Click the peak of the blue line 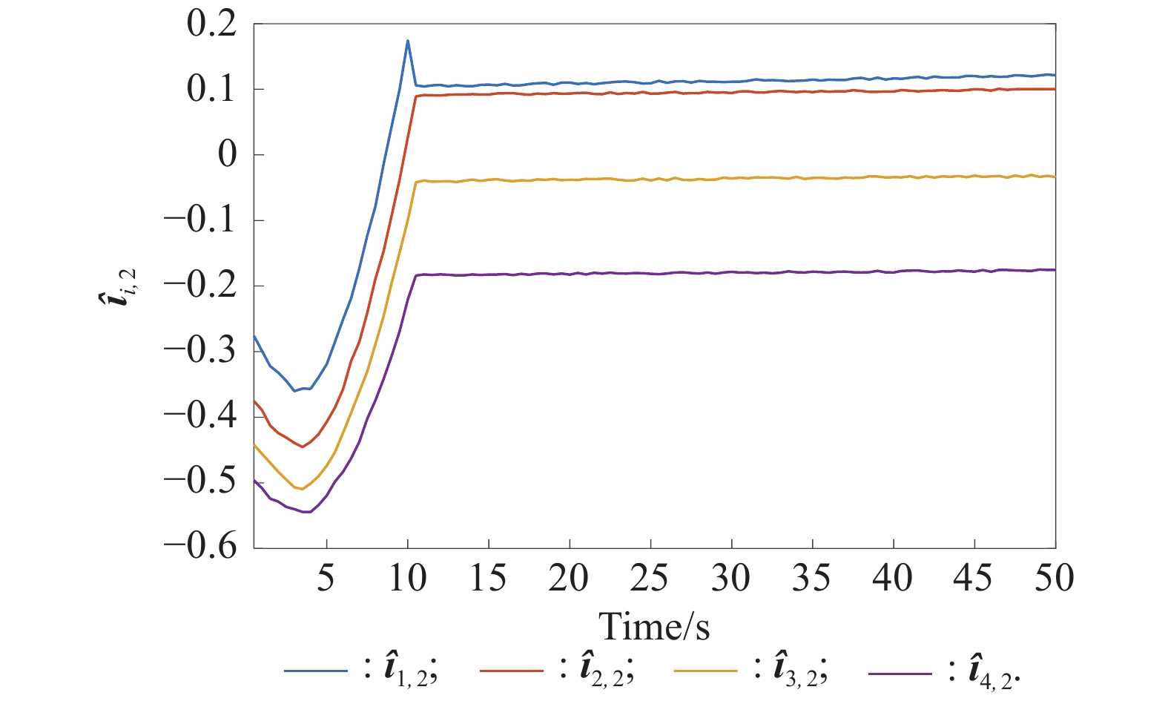408,41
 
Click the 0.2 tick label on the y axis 211,24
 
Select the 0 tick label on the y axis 227,155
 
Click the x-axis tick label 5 326,579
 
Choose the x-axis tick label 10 407,579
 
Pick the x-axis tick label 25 650,579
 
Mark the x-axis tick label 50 1055,579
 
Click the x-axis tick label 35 812,579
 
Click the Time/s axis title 654,627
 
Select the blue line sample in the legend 316,671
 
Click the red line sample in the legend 512,671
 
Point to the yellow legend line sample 706,671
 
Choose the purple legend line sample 900,673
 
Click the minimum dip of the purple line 306,512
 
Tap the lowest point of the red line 303,447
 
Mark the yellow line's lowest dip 302,489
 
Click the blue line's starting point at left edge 255,336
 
